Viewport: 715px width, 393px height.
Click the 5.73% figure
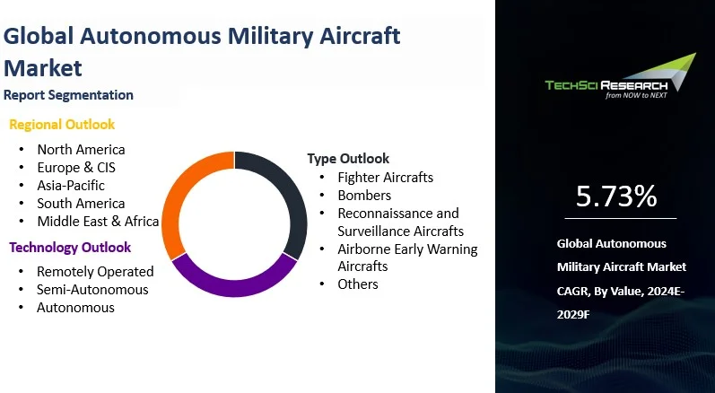pyautogui.click(x=616, y=196)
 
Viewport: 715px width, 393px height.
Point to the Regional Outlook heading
pyautogui.click(x=62, y=125)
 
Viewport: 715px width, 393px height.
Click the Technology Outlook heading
pyautogui.click(x=70, y=248)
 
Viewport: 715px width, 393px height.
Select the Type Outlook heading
pyautogui.click(x=348, y=159)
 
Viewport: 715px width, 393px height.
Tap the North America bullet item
pyautogui.click(x=81, y=150)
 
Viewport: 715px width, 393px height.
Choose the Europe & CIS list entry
pyautogui.click(x=76, y=167)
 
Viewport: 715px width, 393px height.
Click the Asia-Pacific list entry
pyautogui.click(x=71, y=186)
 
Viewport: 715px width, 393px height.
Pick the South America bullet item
pyautogui.click(x=81, y=204)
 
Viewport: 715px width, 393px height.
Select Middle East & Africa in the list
pyautogui.click(x=98, y=221)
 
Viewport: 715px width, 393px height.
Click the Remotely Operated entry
pyautogui.click(x=95, y=272)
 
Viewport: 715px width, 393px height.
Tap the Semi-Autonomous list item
pyautogui.click(x=92, y=290)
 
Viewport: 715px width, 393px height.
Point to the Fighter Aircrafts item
pyautogui.click(x=386, y=178)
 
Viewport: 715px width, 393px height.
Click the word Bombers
pyautogui.click(x=364, y=195)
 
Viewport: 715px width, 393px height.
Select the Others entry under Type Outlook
pyautogui.click(x=358, y=284)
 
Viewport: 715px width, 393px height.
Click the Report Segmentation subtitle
pyautogui.click(x=68, y=95)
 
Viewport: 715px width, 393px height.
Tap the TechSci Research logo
pyautogui.click(x=621, y=76)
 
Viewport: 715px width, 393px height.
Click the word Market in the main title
pyautogui.click(x=43, y=67)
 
